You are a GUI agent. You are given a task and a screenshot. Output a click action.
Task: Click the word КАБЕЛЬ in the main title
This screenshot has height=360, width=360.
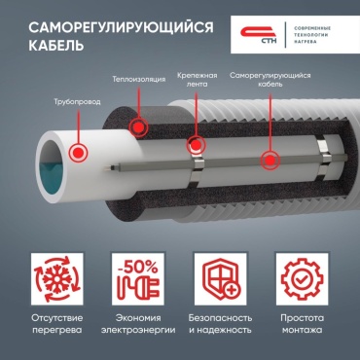tap(56, 46)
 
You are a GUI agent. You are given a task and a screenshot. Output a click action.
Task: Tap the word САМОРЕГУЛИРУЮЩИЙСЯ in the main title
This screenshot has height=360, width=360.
tap(122, 27)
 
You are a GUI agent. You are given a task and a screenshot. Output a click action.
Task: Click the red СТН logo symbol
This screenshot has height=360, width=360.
tap(259, 34)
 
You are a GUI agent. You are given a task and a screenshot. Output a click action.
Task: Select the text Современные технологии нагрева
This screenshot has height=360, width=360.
tap(312, 35)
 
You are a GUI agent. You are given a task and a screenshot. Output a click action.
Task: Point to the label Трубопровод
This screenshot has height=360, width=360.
tap(77, 102)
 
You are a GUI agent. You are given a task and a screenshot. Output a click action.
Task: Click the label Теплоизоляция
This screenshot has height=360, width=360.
tap(139, 79)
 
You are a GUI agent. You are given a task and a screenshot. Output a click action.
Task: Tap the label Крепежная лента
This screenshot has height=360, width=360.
tap(197, 80)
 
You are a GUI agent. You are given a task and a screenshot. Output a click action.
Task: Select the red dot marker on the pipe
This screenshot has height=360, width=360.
tap(78, 152)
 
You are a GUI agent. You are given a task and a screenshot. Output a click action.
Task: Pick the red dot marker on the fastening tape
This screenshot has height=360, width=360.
tap(196, 145)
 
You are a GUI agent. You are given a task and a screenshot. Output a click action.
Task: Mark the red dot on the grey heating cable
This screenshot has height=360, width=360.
tap(270, 161)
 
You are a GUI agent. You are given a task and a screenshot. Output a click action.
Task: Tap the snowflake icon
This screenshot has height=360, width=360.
tap(57, 279)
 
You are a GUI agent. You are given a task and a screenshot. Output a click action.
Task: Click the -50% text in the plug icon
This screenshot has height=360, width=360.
tap(137, 267)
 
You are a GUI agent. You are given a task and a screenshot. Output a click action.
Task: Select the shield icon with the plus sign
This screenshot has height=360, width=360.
tap(220, 279)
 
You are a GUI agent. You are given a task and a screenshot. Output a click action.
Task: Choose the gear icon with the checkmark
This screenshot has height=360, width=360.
tap(302, 279)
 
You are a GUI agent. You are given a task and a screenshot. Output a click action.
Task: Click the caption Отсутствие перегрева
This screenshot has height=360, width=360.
tap(57, 324)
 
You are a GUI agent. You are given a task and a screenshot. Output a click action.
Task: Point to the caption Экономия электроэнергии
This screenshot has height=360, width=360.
tap(138, 324)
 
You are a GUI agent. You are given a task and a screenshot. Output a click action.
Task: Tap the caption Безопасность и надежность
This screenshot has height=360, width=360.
tap(220, 324)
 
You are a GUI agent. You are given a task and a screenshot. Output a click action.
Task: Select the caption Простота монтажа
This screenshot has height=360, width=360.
tap(303, 324)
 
